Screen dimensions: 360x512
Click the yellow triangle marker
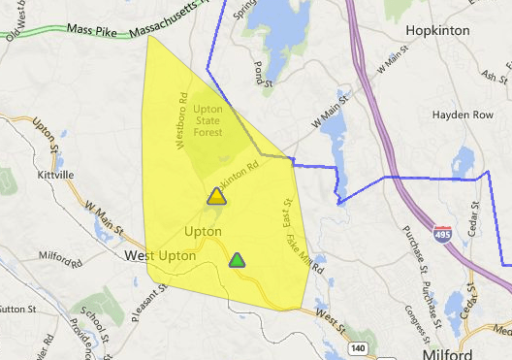(x=216, y=196)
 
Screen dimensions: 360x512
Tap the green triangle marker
(x=237, y=260)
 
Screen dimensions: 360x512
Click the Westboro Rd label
(x=180, y=120)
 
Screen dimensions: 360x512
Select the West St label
(x=328, y=318)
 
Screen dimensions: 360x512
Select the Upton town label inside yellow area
(x=203, y=232)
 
